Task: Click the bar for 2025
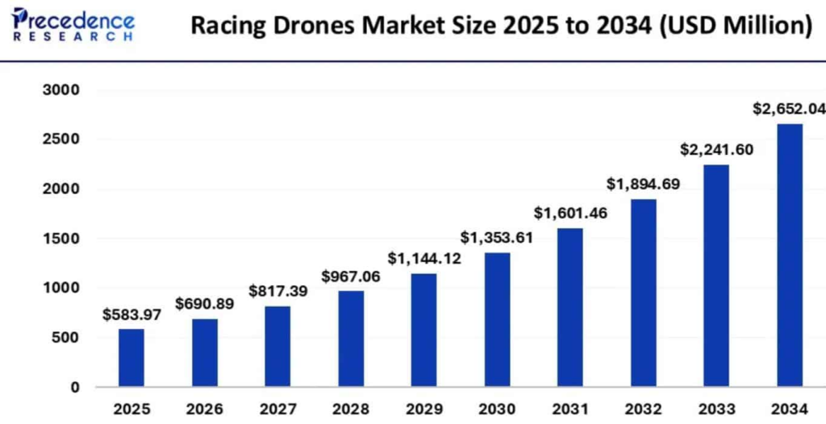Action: (131, 357)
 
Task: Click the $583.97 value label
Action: (131, 315)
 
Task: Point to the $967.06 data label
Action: (351, 276)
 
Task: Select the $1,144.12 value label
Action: (423, 259)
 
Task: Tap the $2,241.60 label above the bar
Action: (716, 149)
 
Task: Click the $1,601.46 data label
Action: (569, 214)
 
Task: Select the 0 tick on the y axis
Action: (75, 387)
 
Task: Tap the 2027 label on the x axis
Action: (277, 408)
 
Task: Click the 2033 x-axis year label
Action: (716, 408)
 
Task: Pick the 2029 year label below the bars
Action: (423, 408)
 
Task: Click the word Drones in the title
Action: (310, 26)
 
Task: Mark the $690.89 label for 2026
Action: (205, 305)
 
